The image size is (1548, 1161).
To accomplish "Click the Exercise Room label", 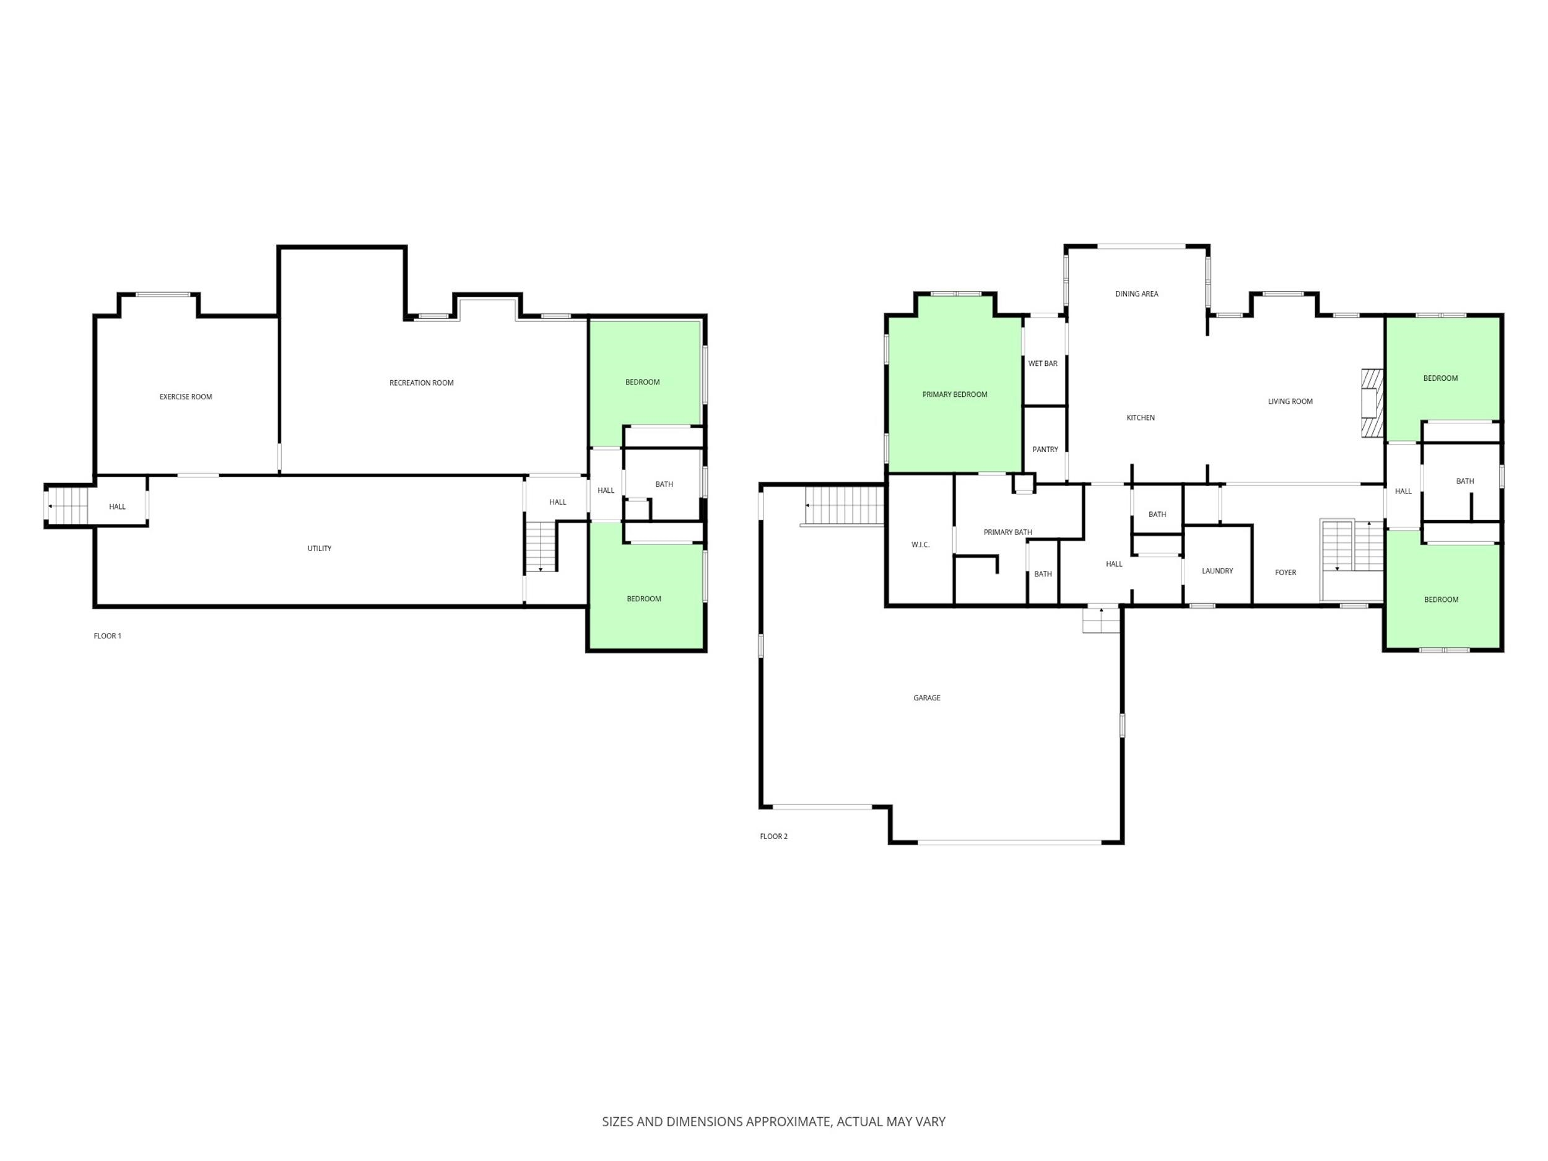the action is pos(186,397).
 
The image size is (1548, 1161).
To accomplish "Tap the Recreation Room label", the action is pos(421,383).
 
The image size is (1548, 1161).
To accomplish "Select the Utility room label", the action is pos(319,548).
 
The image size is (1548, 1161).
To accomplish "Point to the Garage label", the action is pos(926,698).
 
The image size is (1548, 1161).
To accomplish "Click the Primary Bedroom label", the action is pos(955,394).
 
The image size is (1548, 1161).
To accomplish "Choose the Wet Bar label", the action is pos(1043,363).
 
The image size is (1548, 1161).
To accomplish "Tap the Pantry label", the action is pos(1045,450).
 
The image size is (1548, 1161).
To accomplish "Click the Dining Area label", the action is pos(1136,294).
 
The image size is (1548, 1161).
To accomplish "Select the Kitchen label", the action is pos(1140,418).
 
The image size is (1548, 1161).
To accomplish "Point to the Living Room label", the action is pos(1290,402).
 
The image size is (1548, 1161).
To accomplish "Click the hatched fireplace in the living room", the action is pos(1372,403).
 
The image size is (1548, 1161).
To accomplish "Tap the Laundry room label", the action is pos(1217,571).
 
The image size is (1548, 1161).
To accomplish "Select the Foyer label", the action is pos(1285,573).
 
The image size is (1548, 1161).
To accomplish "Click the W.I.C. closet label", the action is pos(920,544).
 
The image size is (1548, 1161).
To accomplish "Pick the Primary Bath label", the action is pos(1007,533).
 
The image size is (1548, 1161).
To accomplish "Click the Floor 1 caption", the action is pos(107,636).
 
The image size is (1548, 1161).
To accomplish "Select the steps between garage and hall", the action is pos(1101,620).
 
